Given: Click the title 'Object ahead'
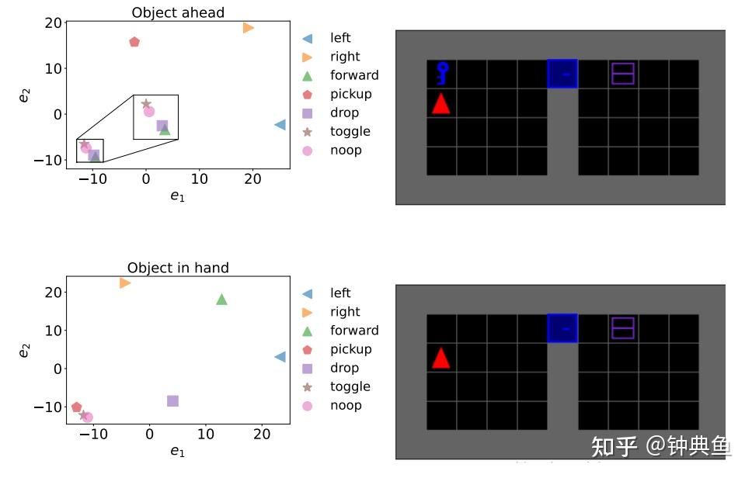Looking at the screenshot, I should (x=178, y=12).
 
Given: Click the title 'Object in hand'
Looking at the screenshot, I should (x=178, y=268).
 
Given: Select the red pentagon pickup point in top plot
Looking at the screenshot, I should (x=134, y=42).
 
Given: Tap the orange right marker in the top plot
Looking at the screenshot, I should (x=249, y=28).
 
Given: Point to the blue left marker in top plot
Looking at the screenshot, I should (x=280, y=125).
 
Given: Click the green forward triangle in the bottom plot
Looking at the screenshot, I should (x=221, y=300).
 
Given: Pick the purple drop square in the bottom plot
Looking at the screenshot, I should (x=172, y=401).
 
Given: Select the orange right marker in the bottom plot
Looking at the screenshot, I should (x=125, y=283).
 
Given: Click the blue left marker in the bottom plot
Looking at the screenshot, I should (x=280, y=357).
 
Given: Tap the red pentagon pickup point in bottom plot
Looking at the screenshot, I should (x=77, y=407).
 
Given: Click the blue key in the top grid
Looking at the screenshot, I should (x=441, y=73).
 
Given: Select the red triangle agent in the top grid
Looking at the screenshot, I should (x=440, y=103).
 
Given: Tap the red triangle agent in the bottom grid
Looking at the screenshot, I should (x=440, y=358).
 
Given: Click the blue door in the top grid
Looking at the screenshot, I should (x=562, y=74).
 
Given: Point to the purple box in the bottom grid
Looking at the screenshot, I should (x=623, y=328).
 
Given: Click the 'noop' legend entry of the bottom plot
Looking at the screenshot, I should (x=346, y=406).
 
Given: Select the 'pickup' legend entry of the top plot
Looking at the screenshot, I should (x=350, y=94).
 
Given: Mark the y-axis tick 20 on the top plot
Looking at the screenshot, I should (x=52, y=23).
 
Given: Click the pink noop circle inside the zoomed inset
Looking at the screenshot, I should (x=149, y=112).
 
